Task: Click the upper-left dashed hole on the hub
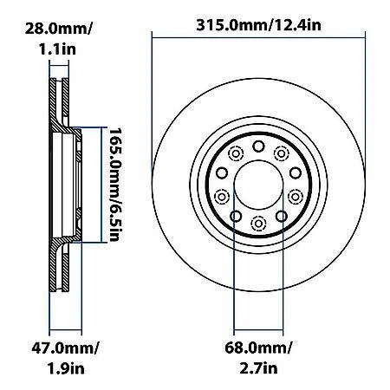[237, 153]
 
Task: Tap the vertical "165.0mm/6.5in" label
[114, 183]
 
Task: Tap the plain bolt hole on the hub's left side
[222, 172]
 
